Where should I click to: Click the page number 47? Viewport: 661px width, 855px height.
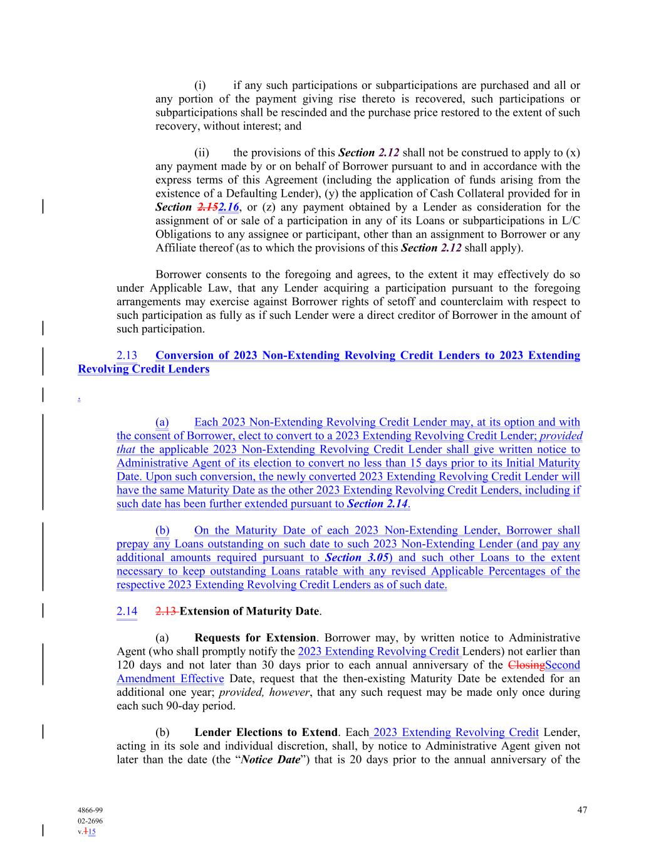[582, 810]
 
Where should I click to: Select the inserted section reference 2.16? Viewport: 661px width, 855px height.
[229, 207]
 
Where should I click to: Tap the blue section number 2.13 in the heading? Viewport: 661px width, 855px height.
[127, 356]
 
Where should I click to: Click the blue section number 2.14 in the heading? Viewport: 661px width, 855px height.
[127, 611]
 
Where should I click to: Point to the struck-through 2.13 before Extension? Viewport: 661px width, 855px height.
[166, 611]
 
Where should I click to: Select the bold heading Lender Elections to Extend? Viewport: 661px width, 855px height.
[266, 733]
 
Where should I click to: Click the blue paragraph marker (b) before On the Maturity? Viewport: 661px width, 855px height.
[162, 531]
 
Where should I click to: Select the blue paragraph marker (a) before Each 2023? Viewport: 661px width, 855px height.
[162, 422]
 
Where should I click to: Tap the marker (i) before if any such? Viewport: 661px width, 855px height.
[200, 85]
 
